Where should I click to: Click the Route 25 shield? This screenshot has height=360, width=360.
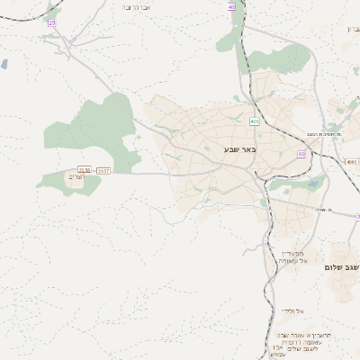(x=52, y=22)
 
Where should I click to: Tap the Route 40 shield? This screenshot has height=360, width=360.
(x=231, y=6)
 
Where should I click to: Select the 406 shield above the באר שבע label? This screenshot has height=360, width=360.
(x=255, y=121)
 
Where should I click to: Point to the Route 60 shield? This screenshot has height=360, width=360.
(x=301, y=155)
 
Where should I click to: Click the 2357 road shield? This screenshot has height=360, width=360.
(x=103, y=169)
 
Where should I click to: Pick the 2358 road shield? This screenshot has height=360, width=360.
(x=85, y=169)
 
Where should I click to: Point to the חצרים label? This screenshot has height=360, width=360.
(x=76, y=176)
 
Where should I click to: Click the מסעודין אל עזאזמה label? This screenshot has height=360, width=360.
(x=295, y=257)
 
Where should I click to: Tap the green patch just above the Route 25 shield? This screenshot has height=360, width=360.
(x=53, y=8)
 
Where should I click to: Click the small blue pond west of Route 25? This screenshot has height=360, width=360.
(x=5, y=64)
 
